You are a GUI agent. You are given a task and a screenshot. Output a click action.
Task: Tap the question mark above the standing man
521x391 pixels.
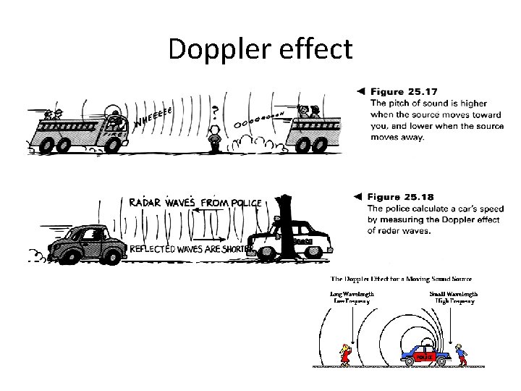[215, 112]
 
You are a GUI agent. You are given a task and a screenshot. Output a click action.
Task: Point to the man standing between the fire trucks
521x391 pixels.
[213, 138]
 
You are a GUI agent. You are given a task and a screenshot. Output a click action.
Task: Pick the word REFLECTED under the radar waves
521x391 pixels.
[156, 248]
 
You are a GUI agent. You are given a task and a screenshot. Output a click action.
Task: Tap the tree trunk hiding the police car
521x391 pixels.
[290, 232]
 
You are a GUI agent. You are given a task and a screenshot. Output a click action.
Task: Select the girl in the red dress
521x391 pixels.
[345, 355]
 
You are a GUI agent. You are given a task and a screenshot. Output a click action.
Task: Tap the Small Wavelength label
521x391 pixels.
[453, 294]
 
